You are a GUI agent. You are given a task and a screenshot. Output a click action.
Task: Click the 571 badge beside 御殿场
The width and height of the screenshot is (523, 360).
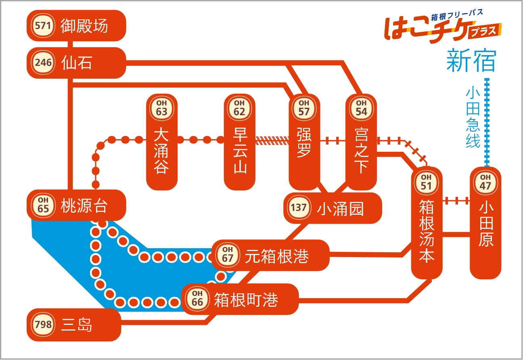43,25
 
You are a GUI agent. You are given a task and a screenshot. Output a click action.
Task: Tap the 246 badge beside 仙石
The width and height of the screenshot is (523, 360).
43,63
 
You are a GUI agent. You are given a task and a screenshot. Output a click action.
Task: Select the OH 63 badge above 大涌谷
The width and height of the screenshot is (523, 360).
161,109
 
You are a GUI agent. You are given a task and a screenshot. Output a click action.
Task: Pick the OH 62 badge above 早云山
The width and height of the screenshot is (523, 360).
239,109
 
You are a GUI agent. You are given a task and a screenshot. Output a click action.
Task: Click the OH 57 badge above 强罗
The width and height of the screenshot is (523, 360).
304,109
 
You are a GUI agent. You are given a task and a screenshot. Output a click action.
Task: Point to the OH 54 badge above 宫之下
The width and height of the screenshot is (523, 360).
361,109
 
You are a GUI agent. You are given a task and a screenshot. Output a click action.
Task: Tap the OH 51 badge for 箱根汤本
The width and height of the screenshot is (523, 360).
426,183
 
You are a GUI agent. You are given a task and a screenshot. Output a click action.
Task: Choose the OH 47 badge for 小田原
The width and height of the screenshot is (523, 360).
485,183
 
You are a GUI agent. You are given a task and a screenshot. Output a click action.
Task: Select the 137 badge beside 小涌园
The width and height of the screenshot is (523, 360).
299,207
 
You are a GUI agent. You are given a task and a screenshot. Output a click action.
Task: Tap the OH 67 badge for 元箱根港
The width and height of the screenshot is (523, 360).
228,255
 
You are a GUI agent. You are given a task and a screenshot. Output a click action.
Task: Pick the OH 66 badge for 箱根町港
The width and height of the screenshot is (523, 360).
197,299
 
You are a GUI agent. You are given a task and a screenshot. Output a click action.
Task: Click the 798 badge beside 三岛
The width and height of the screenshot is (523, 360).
43,324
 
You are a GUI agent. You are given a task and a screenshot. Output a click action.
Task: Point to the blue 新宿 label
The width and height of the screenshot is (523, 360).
471,60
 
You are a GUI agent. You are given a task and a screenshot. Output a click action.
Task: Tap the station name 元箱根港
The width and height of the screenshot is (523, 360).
277,256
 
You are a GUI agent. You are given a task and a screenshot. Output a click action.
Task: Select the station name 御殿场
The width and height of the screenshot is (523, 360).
84,26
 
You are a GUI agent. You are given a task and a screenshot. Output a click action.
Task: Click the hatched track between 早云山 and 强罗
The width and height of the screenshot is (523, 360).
272,140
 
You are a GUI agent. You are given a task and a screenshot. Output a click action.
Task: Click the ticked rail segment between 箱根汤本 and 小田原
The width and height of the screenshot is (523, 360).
456,201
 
